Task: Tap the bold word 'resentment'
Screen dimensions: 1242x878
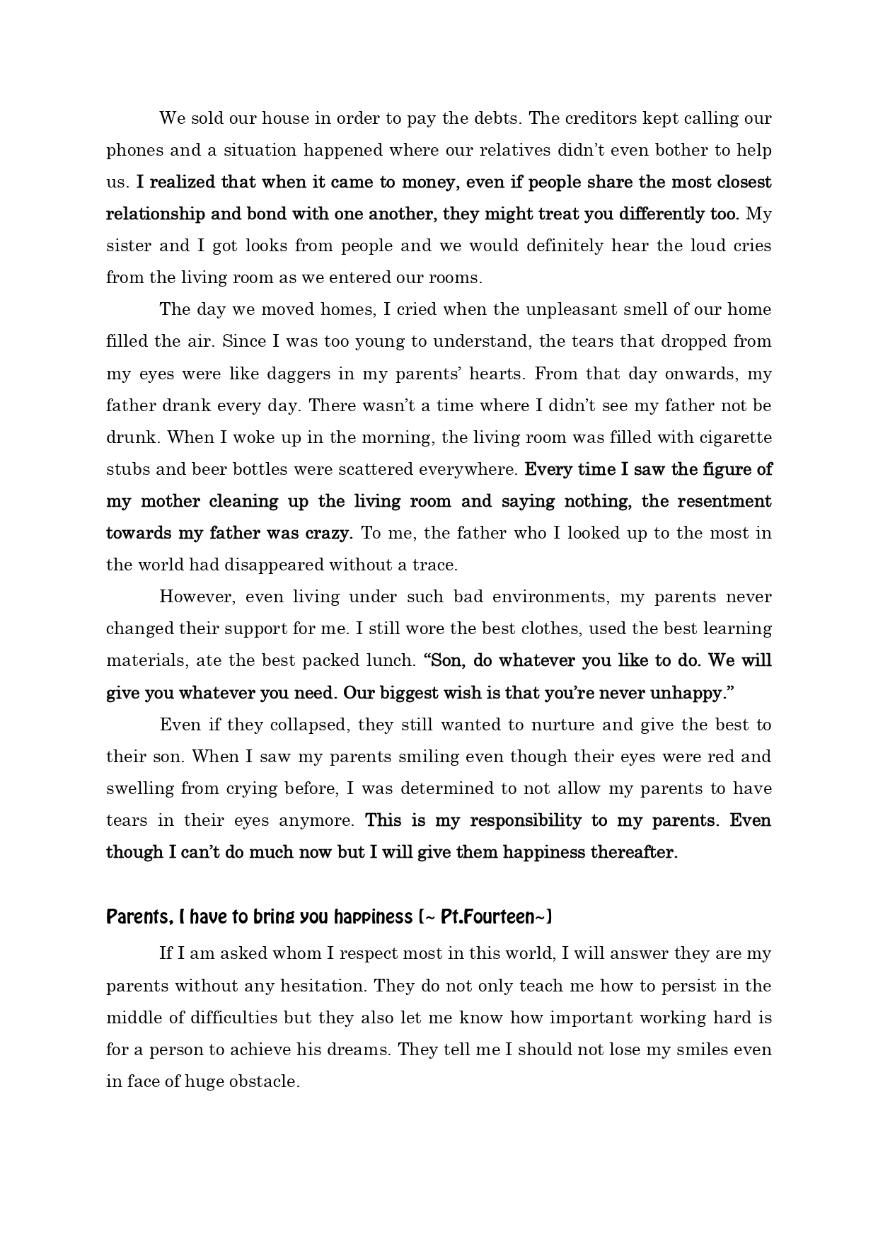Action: point(724,501)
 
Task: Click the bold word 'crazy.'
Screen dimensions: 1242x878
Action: point(329,533)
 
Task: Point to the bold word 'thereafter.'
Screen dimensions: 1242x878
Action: point(636,852)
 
